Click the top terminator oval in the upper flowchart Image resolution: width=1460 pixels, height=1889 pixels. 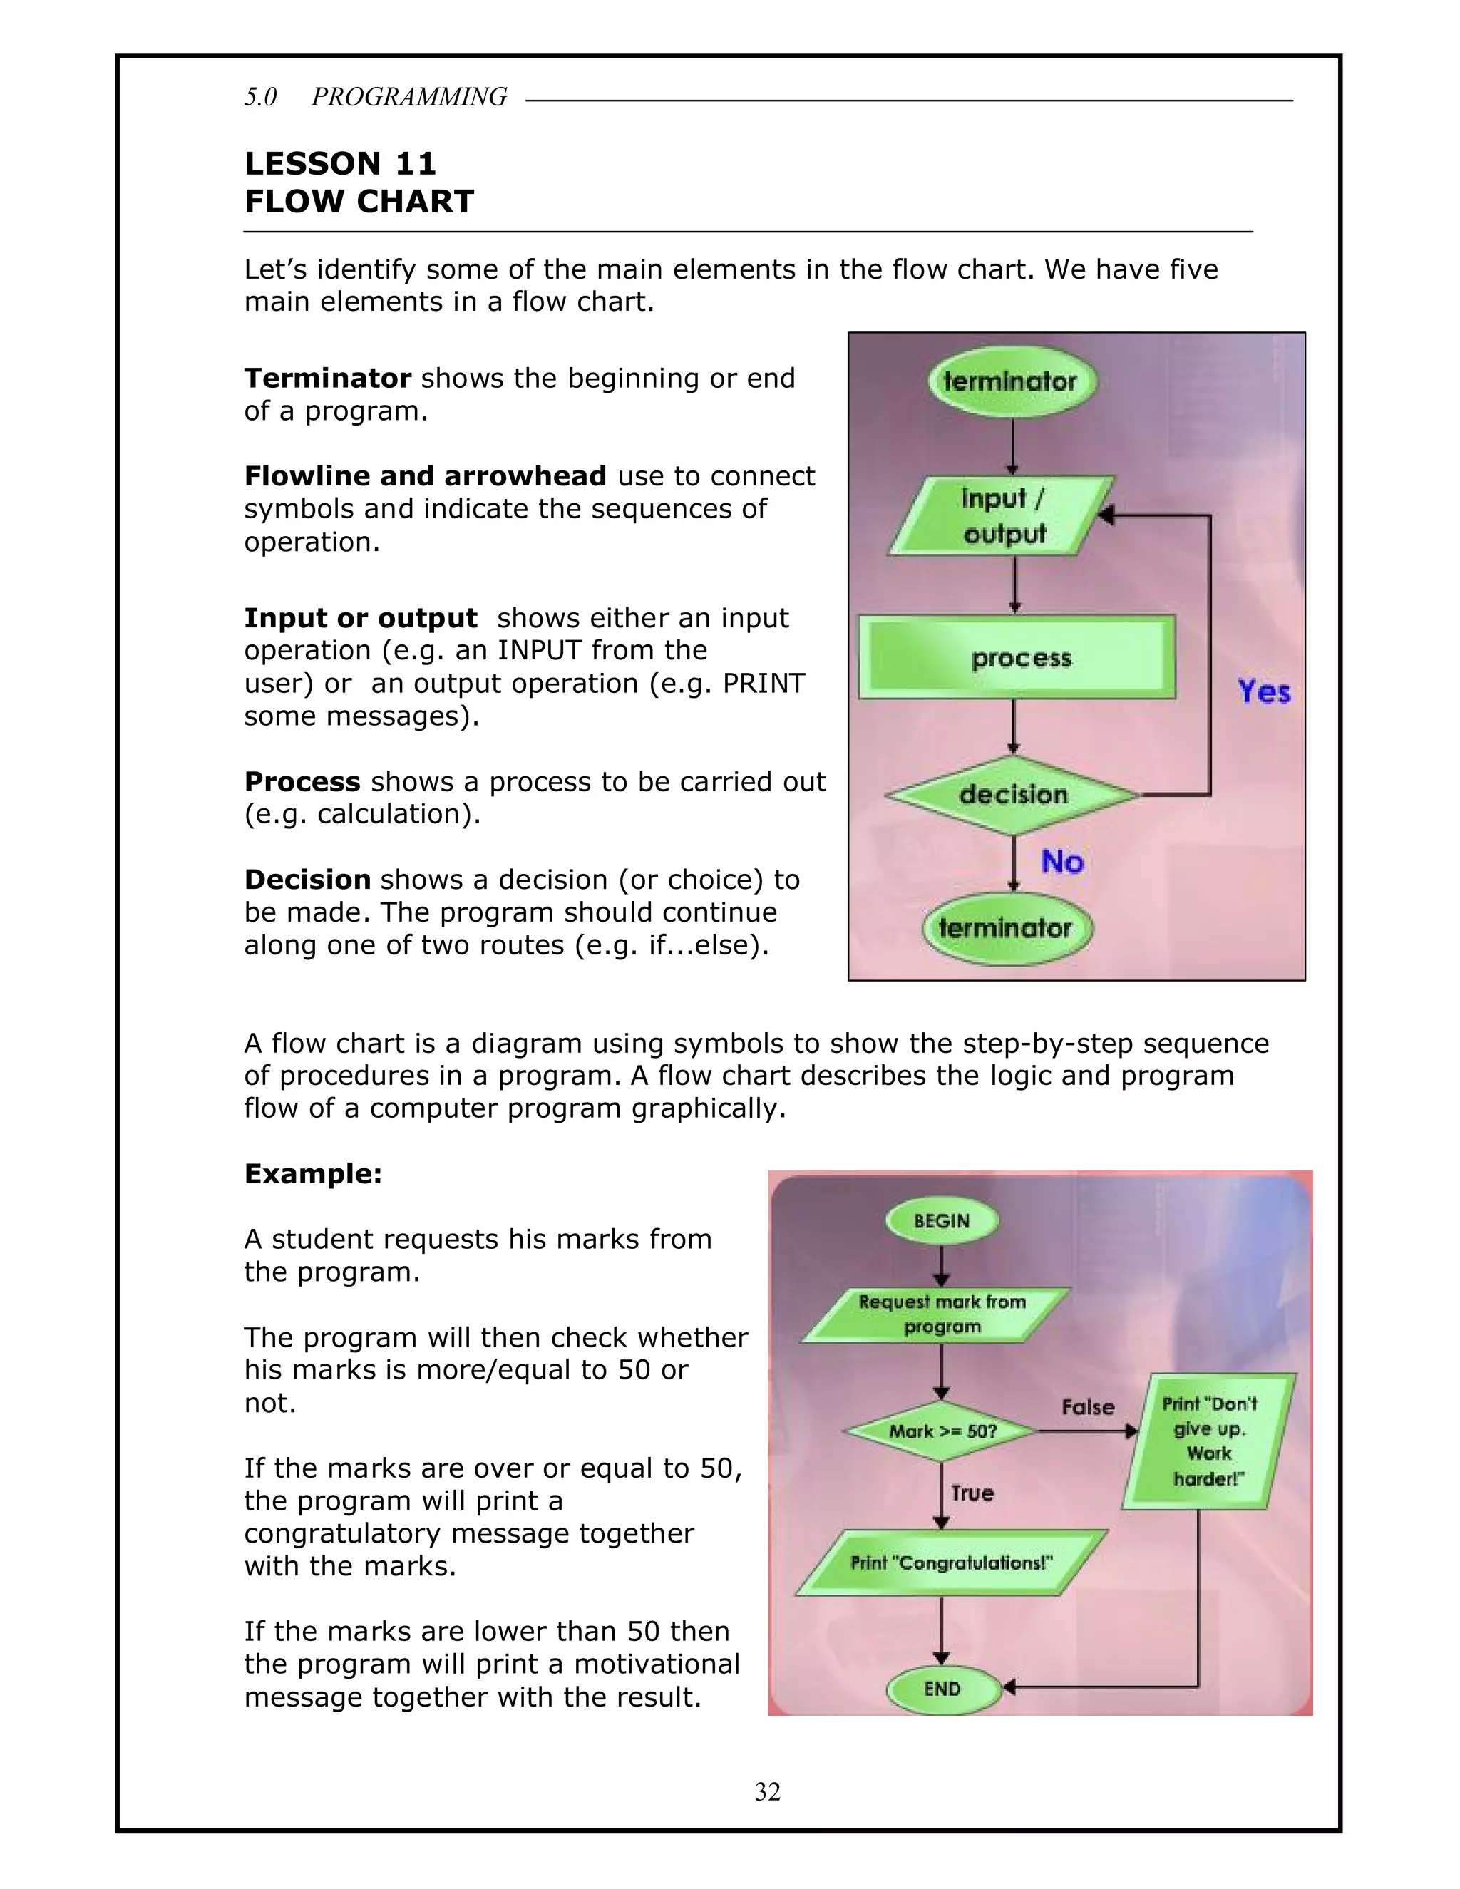point(1011,381)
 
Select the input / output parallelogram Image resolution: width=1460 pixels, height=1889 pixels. point(1003,516)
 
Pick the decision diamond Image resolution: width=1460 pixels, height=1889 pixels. point(1013,794)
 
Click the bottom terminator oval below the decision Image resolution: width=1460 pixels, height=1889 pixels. point(1005,928)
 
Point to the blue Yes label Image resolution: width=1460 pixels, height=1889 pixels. point(1264,692)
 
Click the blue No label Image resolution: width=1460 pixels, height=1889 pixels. point(1062,862)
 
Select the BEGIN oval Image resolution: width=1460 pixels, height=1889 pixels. point(942,1221)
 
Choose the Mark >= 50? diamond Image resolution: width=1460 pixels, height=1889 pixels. point(942,1431)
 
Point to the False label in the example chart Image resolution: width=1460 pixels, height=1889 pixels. point(1088,1407)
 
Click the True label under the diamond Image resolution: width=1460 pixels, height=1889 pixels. point(972,1493)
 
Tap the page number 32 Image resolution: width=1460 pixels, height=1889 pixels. point(767,1792)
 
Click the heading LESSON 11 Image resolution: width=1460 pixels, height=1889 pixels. point(340,163)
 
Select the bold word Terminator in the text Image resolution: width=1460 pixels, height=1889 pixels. point(327,378)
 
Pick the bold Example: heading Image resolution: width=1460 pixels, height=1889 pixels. point(313,1174)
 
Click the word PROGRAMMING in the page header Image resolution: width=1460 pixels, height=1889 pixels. point(409,97)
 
